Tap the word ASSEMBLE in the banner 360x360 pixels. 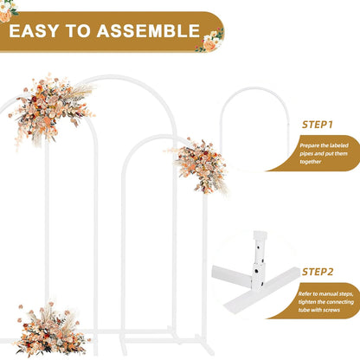(149, 32)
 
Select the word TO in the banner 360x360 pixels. (81, 32)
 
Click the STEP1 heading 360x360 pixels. (317, 125)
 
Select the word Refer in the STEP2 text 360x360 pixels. (309, 293)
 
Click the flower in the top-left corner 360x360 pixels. (7, 11)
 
